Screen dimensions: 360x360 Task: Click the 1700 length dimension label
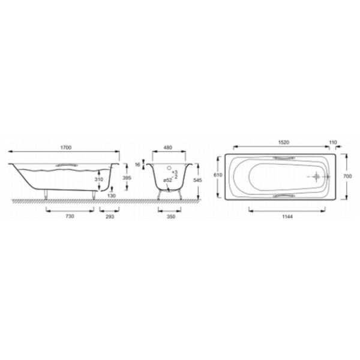point(66,148)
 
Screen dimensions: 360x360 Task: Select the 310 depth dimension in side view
point(99,179)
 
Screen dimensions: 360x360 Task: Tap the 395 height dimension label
point(127,178)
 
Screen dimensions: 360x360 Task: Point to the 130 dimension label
point(112,196)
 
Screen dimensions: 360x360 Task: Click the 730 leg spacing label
point(70,216)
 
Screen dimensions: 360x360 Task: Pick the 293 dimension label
point(110,217)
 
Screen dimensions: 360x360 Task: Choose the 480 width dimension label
point(168,148)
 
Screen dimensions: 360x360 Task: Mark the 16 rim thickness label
point(137,164)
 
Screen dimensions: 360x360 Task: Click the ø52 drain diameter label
point(167,181)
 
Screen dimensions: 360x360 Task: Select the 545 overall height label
point(197,181)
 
